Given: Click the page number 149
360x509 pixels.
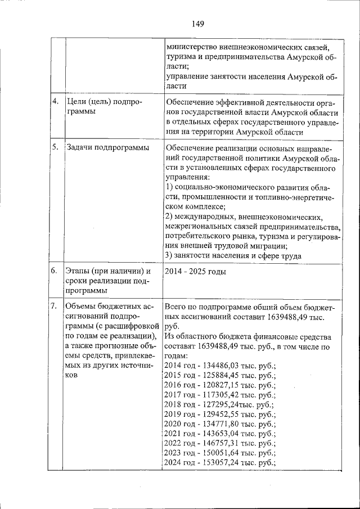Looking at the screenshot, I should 197,24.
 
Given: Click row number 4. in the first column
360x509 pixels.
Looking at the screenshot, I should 55,102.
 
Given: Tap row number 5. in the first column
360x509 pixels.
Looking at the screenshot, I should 55,148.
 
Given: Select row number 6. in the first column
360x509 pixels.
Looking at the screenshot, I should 55,271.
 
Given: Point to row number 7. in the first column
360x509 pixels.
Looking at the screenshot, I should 55,307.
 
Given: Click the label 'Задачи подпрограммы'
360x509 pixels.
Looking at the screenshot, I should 107,148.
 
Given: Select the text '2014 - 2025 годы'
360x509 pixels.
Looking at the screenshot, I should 195,272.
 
